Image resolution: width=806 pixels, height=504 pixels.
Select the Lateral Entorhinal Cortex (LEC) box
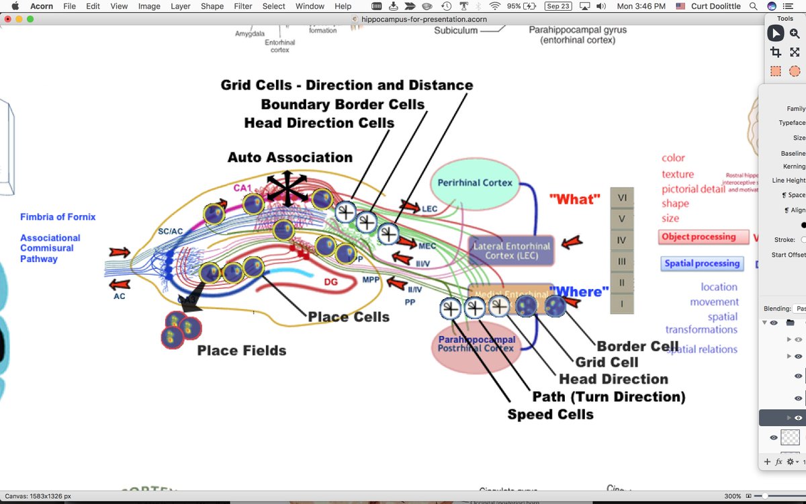coord(511,250)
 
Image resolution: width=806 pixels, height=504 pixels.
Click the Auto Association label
coord(289,157)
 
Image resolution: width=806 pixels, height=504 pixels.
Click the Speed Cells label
coord(550,414)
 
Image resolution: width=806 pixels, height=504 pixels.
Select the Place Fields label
coord(242,350)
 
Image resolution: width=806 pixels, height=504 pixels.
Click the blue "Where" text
coord(578,292)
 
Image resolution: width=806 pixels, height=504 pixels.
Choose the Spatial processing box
coord(702,263)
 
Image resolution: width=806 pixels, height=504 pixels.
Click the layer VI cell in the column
coord(621,198)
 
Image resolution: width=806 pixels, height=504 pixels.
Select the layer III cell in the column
coord(621,261)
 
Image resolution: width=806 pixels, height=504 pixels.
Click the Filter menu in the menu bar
coord(242,6)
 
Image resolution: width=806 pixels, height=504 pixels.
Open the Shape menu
coord(212,6)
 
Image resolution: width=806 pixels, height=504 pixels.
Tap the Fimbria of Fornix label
coord(58,217)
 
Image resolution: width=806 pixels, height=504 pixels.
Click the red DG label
coord(330,282)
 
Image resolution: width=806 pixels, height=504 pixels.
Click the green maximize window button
coord(30,19)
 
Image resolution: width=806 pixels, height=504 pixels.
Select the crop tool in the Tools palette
coord(776,52)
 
